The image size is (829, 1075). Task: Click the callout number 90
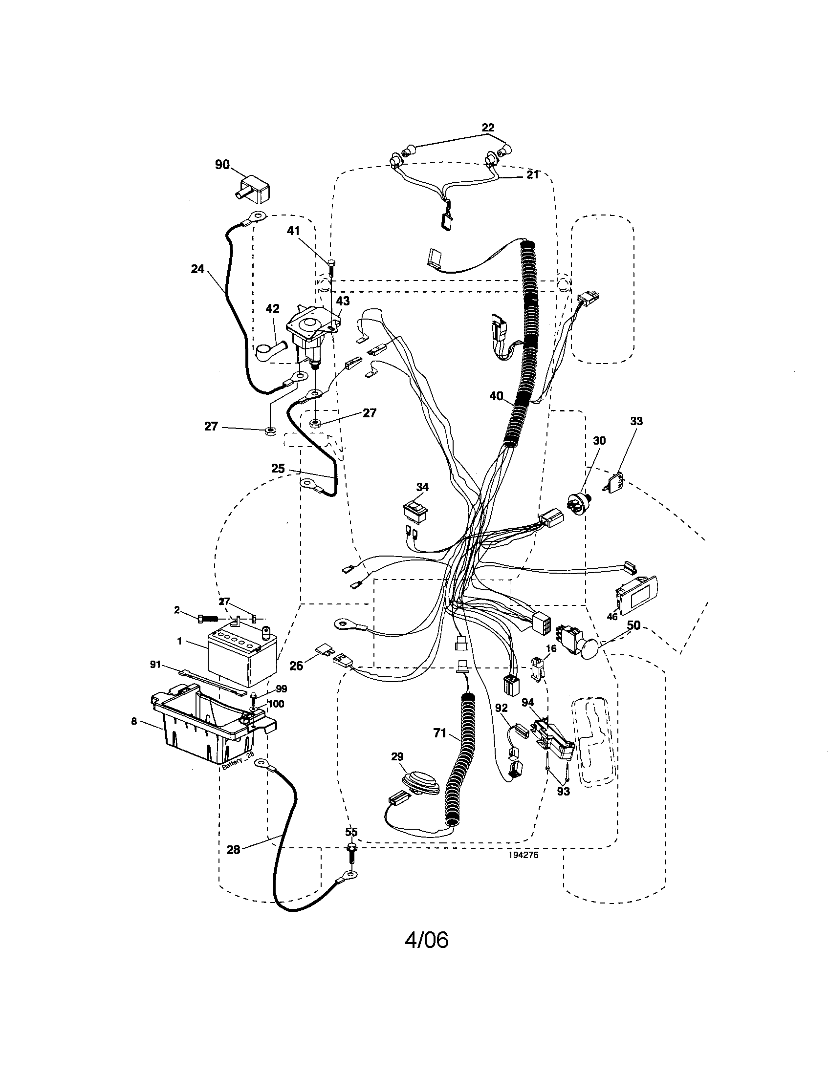tap(222, 164)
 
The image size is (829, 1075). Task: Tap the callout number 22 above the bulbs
tap(487, 128)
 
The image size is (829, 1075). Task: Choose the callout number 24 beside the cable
tap(197, 269)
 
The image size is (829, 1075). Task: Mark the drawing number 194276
tap(524, 868)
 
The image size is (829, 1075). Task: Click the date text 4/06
tap(426, 940)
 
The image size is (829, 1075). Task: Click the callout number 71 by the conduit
tap(439, 747)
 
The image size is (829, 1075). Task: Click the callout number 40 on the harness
tap(496, 395)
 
